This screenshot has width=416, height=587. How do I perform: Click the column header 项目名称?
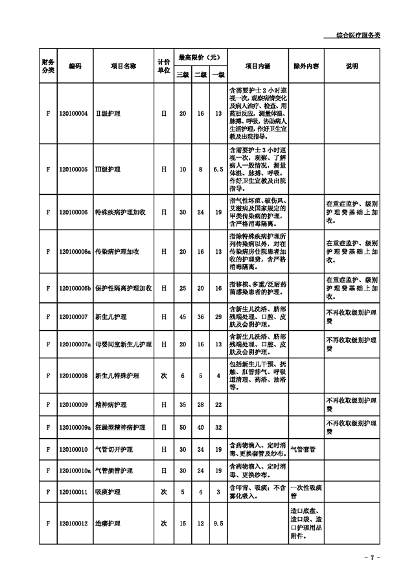(x=123, y=66)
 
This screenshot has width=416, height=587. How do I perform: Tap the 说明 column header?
(x=352, y=66)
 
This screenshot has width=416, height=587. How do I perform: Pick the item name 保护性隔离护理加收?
(x=123, y=287)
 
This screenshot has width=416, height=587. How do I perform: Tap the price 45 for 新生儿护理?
(x=183, y=316)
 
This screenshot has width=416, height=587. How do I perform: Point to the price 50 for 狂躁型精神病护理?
(x=183, y=427)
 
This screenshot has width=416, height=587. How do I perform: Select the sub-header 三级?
(x=183, y=74)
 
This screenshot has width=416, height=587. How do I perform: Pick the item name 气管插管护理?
(x=114, y=471)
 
